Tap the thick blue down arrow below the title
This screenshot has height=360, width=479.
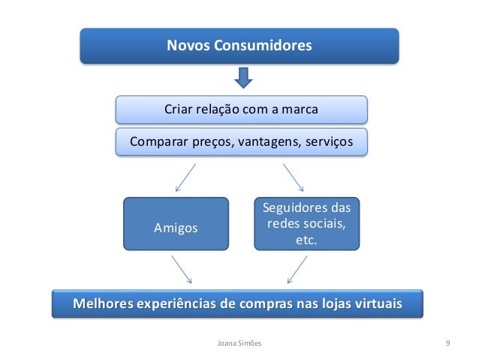[243, 78]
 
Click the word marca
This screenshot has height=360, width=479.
[300, 110]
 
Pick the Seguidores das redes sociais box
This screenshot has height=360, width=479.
[307, 223]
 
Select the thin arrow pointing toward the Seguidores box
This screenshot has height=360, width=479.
[293, 178]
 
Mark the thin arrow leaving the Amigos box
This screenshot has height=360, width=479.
[182, 269]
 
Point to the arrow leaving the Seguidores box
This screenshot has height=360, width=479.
[297, 269]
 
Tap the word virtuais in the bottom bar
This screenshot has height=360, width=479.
[373, 304]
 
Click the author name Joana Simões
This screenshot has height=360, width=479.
[239, 343]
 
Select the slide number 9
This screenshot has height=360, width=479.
[447, 343]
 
